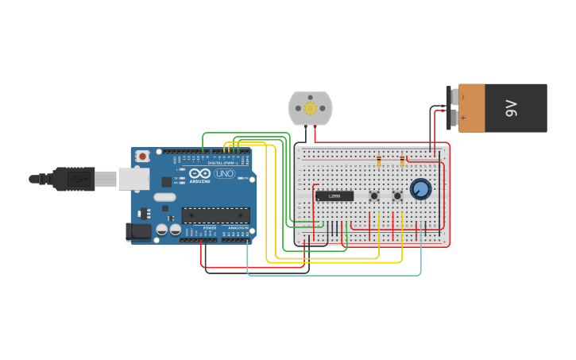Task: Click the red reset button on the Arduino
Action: (x=143, y=156)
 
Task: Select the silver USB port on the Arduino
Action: (x=133, y=179)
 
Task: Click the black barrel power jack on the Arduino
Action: (x=138, y=232)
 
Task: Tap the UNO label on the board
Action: (x=225, y=173)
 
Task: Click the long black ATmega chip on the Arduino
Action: (x=215, y=215)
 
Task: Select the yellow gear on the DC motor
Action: (x=310, y=108)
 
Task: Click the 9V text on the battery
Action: (x=512, y=108)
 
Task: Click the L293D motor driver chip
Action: (x=334, y=195)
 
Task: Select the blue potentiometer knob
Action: (x=420, y=189)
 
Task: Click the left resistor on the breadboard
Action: (x=378, y=161)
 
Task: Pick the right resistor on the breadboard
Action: (x=402, y=161)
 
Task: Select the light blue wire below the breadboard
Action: (x=334, y=275)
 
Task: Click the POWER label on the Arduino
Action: (x=210, y=228)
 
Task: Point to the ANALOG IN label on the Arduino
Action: (x=238, y=228)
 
